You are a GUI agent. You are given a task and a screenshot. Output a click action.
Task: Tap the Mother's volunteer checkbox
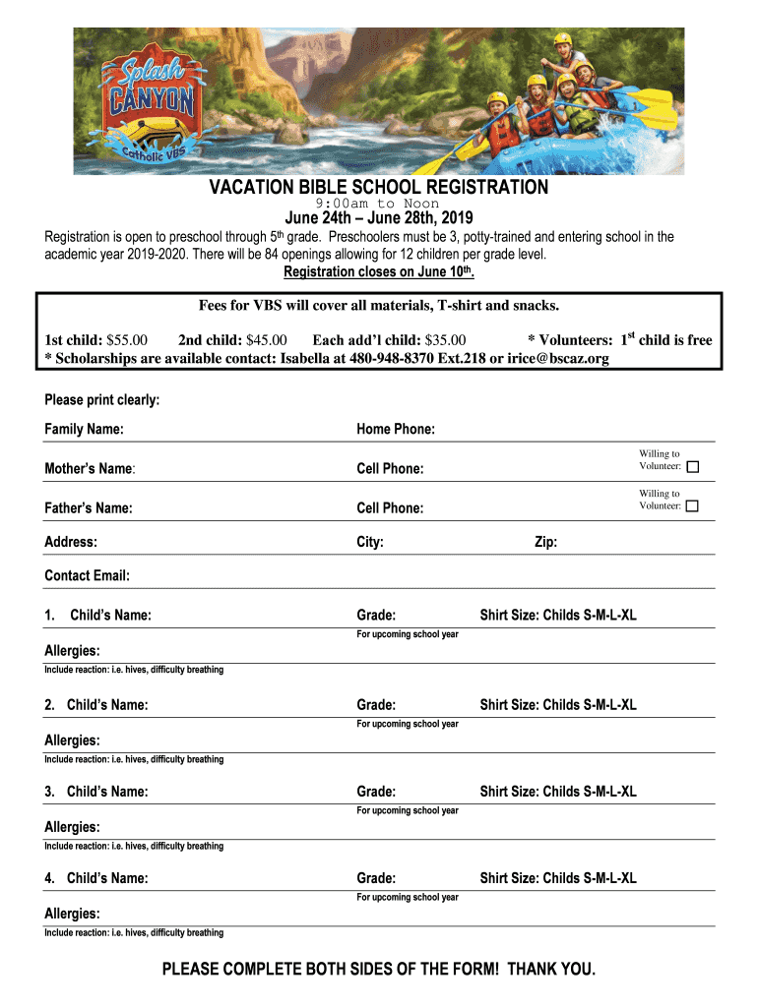pos(693,466)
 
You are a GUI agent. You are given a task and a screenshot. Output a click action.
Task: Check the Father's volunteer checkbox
pos(693,505)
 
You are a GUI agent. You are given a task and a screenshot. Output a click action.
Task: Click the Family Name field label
pos(84,430)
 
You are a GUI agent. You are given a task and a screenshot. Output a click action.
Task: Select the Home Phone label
pos(396,430)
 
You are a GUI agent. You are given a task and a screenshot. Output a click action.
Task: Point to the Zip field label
pos(545,542)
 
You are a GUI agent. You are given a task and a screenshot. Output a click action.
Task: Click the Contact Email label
pos(87,575)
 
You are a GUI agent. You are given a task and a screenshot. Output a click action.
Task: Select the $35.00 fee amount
pos(445,340)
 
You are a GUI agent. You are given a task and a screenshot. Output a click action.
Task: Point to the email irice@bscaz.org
pos(558,359)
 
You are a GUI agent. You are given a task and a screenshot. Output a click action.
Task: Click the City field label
pos(370,542)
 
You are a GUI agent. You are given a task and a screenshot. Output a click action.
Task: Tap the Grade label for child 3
pos(376,792)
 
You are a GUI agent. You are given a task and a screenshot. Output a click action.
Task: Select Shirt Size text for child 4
pos(558,878)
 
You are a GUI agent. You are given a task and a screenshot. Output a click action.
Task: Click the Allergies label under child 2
pos(72,740)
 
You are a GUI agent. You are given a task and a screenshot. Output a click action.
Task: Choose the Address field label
pos(71,542)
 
